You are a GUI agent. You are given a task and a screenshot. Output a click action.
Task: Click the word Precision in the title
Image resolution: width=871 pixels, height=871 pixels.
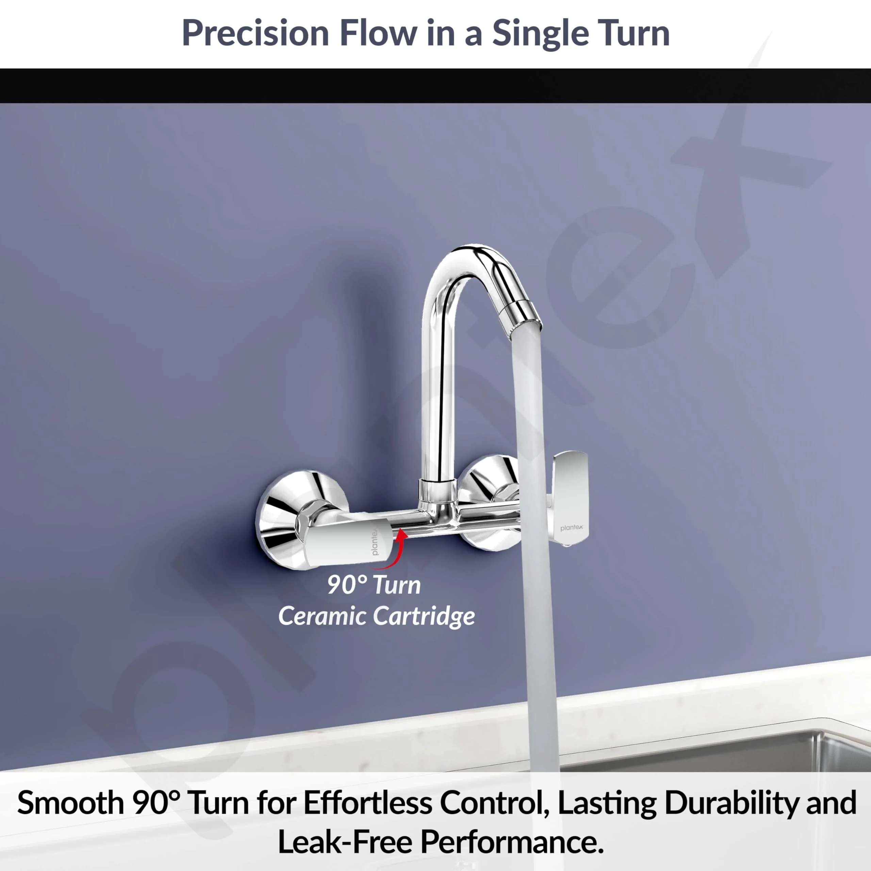pos(255,33)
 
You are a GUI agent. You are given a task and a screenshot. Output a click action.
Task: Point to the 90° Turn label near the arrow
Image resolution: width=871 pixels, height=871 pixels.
pos(374,585)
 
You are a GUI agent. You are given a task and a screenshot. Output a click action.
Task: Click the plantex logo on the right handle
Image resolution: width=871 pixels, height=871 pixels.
pos(571,527)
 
